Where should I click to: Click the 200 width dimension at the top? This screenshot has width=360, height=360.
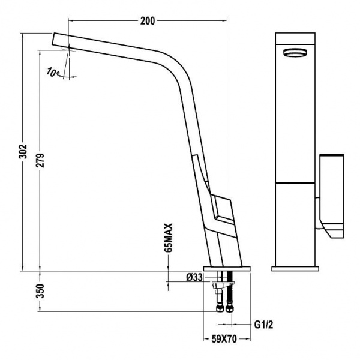[x=148, y=21]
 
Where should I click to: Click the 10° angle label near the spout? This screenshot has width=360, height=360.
[x=53, y=73]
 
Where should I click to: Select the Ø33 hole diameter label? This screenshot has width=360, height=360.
[x=193, y=277]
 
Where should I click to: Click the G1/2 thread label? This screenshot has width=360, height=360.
[x=263, y=325]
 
